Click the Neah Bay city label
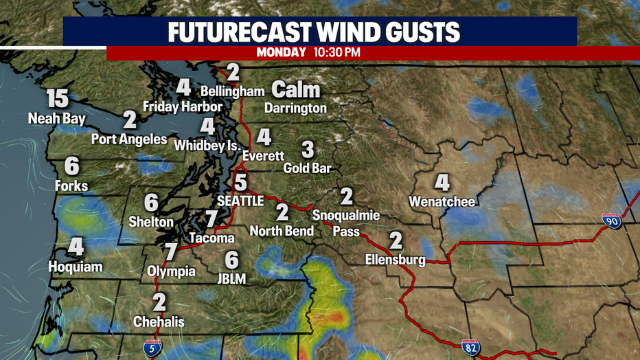pos(56,119)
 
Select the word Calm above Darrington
pos(296,89)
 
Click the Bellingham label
pos(233,91)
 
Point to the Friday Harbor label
pos(182,106)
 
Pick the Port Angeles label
pos(129,139)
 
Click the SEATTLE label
pos(240,201)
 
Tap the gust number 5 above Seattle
pos(240,182)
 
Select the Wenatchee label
pos(442,202)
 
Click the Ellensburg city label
pos(396,260)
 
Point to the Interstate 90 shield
pos(611,221)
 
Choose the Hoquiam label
pos(76,266)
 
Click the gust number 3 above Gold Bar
pos(308,148)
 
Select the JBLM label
pos(232,278)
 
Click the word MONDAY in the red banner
pos(282,52)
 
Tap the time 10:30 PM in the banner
pos(338,52)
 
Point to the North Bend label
pos(282,231)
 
